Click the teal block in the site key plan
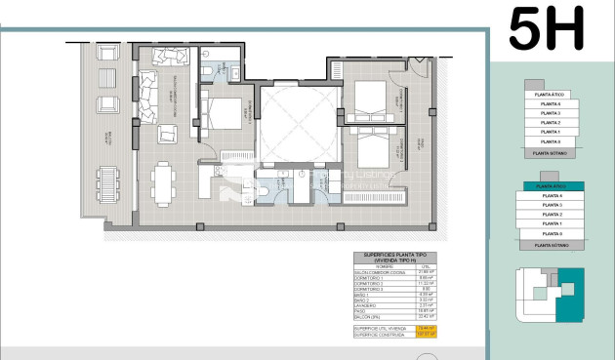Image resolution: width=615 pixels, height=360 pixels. coord(568,300)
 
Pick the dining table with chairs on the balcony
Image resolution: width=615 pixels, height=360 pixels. coord(103,181)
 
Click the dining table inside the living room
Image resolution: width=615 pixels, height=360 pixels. coord(162,181)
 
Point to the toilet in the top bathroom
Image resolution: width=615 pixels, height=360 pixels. coord(206,70)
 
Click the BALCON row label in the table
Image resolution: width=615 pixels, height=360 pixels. coord(369,316)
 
